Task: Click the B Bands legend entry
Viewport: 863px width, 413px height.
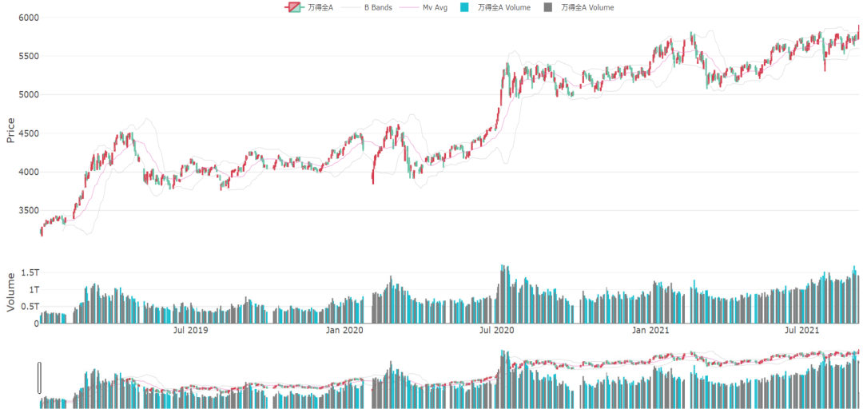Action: pyautogui.click(x=378, y=7)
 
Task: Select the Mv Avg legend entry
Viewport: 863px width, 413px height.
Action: pyautogui.click(x=435, y=7)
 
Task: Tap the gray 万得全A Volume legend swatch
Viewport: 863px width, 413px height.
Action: pyautogui.click(x=547, y=7)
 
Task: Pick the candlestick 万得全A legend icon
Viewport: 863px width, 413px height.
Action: pyautogui.click(x=293, y=7)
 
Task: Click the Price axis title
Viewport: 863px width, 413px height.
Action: pyautogui.click(x=10, y=130)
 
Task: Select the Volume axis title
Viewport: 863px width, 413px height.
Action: pyautogui.click(x=10, y=292)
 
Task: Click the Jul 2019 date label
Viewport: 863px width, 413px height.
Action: pyautogui.click(x=190, y=330)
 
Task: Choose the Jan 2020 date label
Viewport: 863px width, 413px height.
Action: pyautogui.click(x=345, y=330)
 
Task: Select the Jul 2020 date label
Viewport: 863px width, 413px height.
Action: pyautogui.click(x=496, y=330)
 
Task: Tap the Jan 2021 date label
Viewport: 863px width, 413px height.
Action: pyautogui.click(x=650, y=330)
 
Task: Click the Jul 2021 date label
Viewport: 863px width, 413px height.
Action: pyautogui.click(x=801, y=330)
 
